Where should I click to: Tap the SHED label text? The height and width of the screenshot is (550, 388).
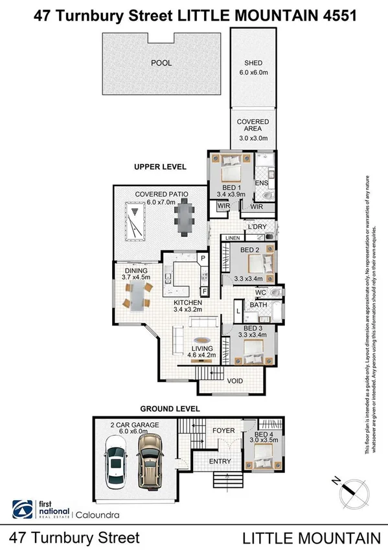(253, 63)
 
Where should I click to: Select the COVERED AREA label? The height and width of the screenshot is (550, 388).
(253, 126)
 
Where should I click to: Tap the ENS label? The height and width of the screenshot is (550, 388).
(261, 184)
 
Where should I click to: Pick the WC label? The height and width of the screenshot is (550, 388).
(260, 292)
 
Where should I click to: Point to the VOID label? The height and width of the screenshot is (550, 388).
(234, 381)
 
